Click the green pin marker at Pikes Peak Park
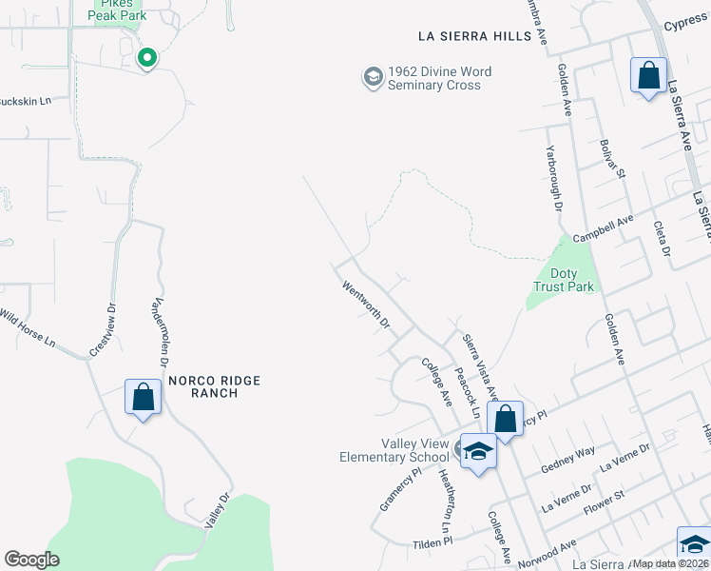tap(146, 59)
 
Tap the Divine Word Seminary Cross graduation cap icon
tap(373, 76)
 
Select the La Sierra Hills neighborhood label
tap(475, 36)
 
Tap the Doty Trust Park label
tap(564, 280)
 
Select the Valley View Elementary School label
tap(394, 450)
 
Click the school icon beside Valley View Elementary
tap(477, 452)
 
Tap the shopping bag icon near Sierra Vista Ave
tap(506, 418)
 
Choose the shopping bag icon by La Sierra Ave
tap(648, 75)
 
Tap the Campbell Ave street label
tap(603, 228)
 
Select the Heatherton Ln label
tap(443, 499)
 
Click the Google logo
tap(31, 560)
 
